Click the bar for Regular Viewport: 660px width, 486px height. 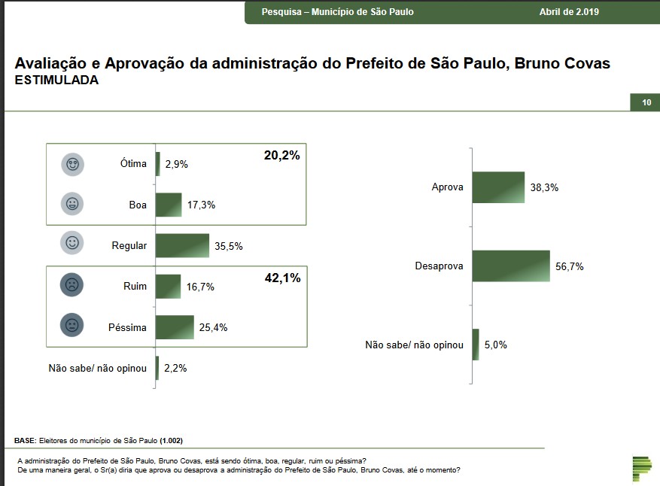pos(182,245)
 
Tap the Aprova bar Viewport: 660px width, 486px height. pos(498,187)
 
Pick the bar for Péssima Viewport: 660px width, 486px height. pos(175,327)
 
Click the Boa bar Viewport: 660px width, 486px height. pos(169,205)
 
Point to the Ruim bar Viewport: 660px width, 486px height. pos(168,287)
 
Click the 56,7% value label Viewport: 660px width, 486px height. pos(570,267)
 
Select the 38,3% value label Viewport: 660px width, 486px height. pos(544,188)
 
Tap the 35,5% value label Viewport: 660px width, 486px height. pos(229,246)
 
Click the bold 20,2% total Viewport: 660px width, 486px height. pos(282,156)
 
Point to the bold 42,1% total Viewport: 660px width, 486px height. pos(282,278)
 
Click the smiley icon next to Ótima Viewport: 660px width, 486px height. pos(73,164)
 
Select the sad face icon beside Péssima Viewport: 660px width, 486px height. pos(73,327)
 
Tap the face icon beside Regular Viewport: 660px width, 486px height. pos(73,244)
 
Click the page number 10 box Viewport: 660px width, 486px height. pos(645,102)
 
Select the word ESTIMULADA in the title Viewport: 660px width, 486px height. pos(56,80)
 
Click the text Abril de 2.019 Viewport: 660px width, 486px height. pos(570,12)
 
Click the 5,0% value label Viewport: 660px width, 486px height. pos(496,345)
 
